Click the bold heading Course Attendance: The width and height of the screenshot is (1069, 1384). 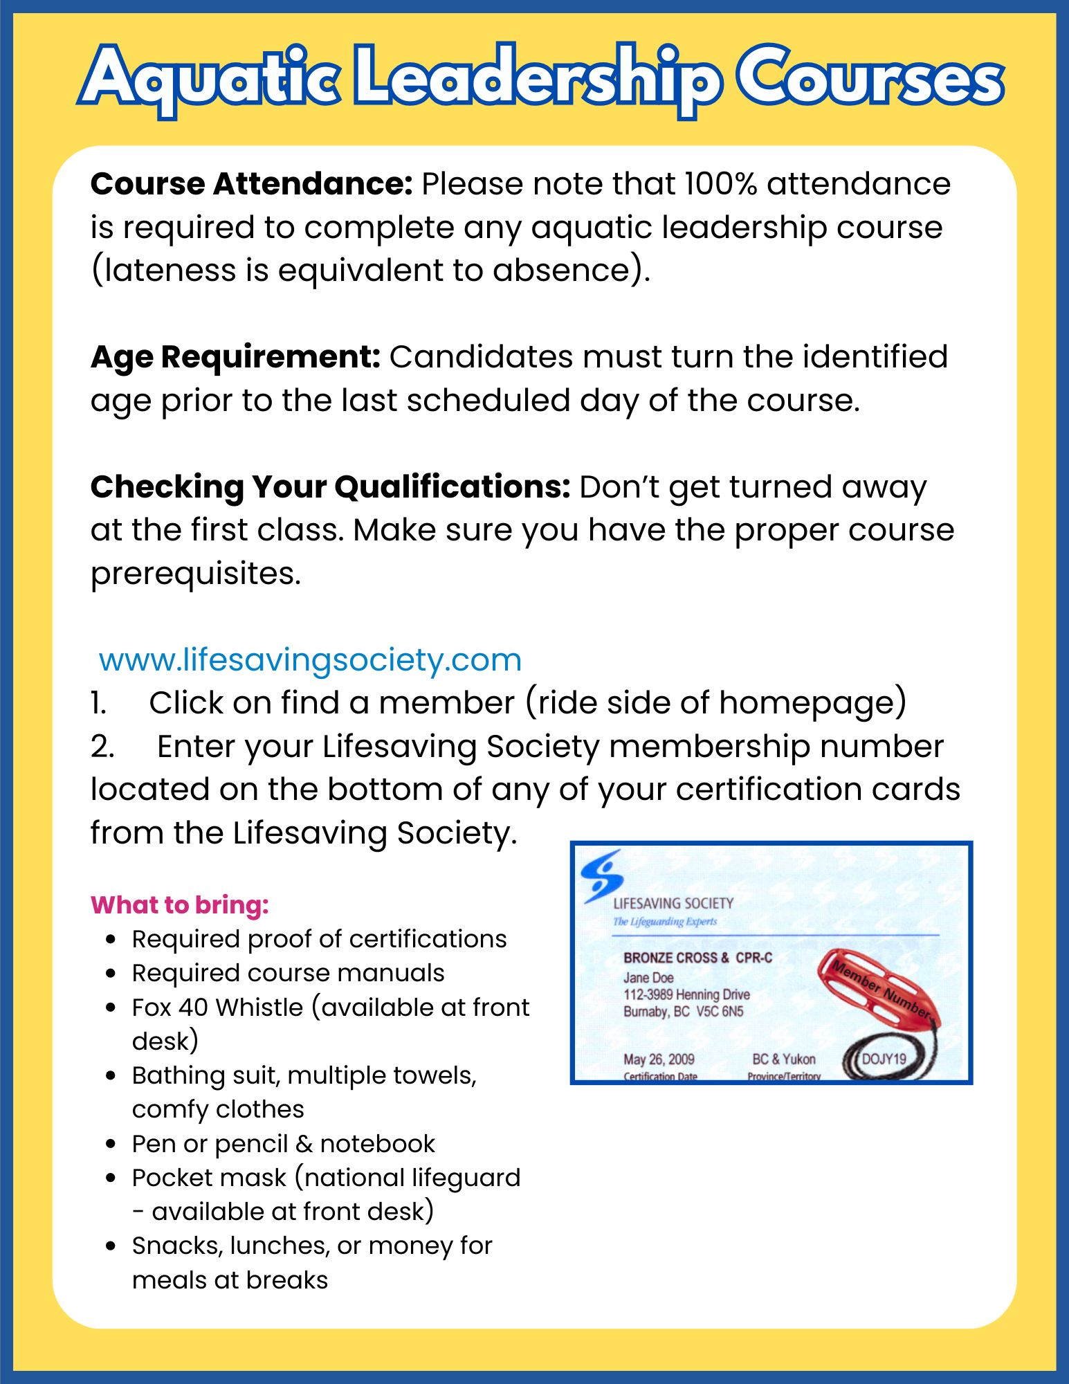point(251,184)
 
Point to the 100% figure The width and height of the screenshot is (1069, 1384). point(720,184)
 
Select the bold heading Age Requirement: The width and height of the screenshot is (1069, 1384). point(235,357)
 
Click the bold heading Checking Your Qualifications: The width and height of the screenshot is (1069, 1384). point(330,487)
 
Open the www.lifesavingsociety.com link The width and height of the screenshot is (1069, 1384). point(310,659)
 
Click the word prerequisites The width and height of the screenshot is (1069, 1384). point(196,574)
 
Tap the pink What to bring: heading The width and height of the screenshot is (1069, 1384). point(180,905)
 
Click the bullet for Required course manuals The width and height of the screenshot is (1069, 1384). point(111,973)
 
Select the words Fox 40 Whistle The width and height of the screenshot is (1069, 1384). point(217,1008)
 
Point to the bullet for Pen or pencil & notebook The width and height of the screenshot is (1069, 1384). point(111,1144)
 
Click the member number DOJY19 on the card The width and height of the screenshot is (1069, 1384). point(884,1059)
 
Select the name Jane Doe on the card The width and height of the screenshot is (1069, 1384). point(648,978)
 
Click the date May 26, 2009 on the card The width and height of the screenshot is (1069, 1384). point(659,1059)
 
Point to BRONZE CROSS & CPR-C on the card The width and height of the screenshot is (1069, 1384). point(697,958)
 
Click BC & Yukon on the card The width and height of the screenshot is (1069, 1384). point(783,1059)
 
